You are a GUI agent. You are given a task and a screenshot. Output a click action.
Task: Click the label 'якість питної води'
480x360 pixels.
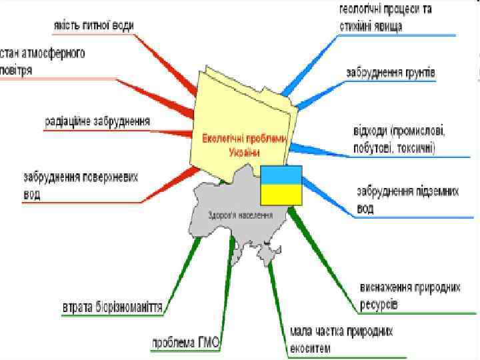tap(93, 25)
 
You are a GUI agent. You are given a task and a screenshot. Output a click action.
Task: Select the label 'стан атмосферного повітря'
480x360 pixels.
tap(43, 61)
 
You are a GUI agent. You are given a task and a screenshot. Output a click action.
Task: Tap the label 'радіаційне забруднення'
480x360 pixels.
tap(97, 121)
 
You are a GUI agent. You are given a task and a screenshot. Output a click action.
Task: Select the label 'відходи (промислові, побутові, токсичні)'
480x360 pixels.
tap(398, 138)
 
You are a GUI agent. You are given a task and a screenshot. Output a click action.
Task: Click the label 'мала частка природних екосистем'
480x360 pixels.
tap(341, 339)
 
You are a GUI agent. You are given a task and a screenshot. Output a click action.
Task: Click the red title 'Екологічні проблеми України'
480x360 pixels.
tap(243, 145)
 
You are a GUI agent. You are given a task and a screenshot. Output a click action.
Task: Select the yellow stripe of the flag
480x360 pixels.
tap(281, 194)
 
